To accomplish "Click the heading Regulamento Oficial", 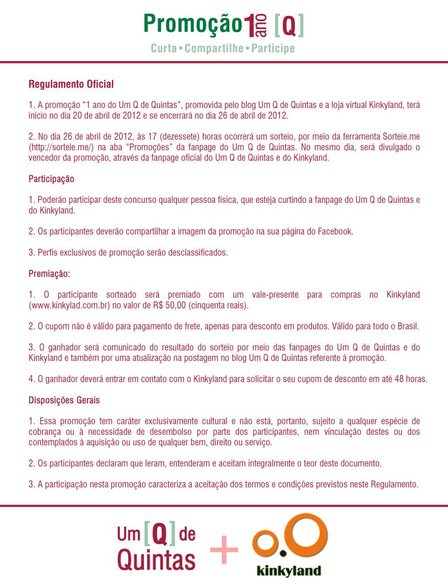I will click(71, 85).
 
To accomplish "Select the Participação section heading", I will click(51, 179).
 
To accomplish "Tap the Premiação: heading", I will click(49, 274).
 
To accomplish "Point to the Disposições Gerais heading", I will click(64, 400).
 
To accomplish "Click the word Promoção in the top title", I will click(193, 24).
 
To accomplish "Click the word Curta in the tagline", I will click(163, 49).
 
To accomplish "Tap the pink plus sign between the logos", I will click(224, 551).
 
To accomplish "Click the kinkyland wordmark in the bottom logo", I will click(289, 570).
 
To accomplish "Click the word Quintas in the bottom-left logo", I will click(156, 560).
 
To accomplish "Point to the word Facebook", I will click(334, 231).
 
